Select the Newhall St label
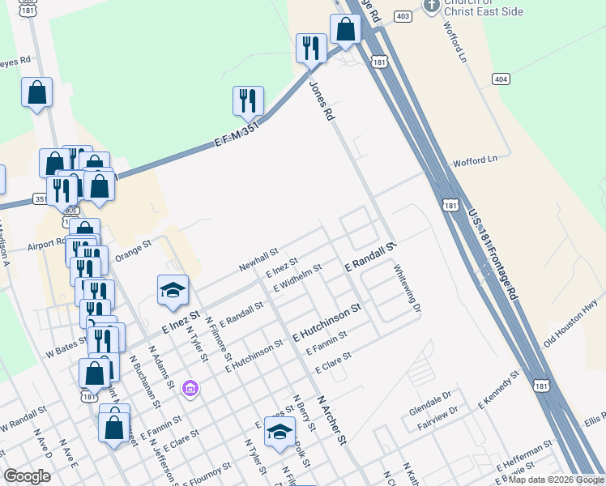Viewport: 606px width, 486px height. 258,260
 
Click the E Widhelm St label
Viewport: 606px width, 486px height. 297,277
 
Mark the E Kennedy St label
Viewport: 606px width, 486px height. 497,390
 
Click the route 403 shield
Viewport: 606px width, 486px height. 403,15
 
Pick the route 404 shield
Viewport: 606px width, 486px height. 501,78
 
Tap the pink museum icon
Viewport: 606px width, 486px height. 190,390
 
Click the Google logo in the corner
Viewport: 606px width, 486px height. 28,476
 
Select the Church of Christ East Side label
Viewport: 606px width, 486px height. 484,7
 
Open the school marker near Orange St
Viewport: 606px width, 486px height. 172,291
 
